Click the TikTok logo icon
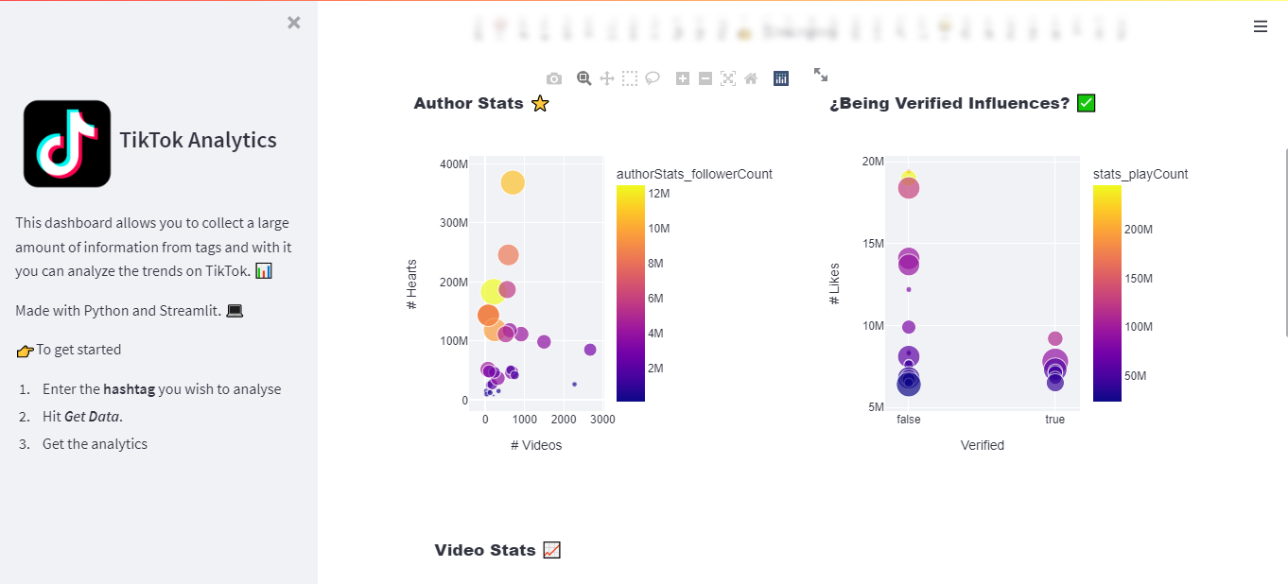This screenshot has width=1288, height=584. (x=67, y=144)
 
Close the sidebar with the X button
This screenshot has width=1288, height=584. (x=294, y=23)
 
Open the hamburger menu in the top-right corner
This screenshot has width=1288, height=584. (x=1260, y=26)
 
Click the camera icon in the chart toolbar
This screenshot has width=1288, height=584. (x=554, y=78)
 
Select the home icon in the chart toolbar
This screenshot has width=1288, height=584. (x=751, y=78)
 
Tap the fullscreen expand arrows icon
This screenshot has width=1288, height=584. (x=821, y=75)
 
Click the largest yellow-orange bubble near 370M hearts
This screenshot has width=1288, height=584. (x=512, y=182)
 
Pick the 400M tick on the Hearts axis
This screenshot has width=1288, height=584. (x=454, y=164)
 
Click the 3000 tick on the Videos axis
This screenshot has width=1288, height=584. (x=602, y=420)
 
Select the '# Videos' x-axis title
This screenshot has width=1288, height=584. (x=536, y=445)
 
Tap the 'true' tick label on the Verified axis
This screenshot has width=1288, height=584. (x=1054, y=420)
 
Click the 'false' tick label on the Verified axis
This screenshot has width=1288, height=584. (x=908, y=420)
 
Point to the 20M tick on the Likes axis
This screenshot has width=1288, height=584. (x=873, y=162)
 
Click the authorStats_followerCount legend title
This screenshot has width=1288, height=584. (x=694, y=174)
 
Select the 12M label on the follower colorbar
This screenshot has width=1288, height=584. (x=658, y=194)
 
